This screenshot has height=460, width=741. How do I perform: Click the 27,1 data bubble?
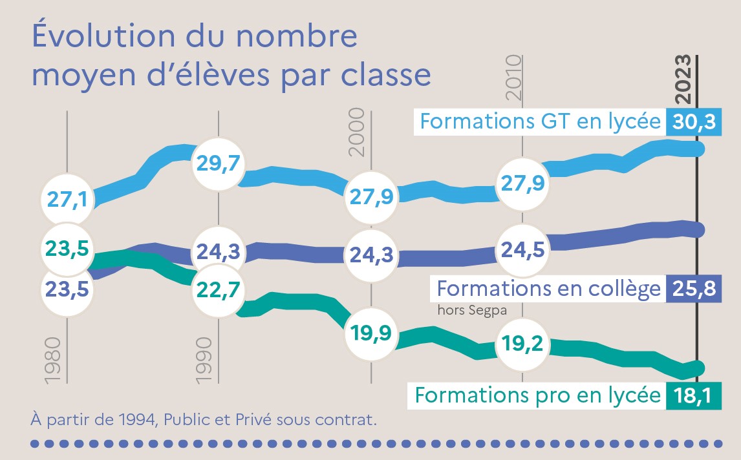point(67,198)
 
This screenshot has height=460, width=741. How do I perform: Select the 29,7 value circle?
point(219,164)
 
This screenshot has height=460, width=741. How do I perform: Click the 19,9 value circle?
point(371,334)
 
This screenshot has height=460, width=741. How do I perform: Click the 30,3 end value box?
point(693,121)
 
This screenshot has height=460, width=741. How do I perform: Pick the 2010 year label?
point(513,78)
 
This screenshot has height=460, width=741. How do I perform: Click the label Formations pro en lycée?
point(537,395)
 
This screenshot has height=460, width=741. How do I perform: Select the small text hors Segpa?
point(471,309)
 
